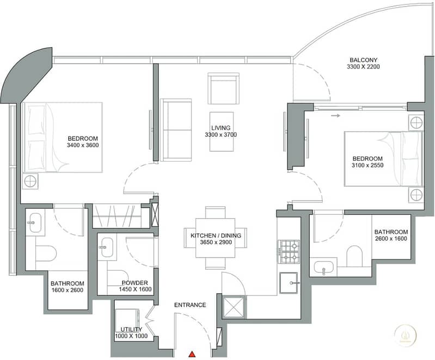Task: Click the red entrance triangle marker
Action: point(192,354)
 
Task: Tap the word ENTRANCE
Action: point(190,305)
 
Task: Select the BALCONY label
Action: point(363,60)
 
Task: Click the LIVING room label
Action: point(221,128)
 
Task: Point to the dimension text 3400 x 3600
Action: point(83,145)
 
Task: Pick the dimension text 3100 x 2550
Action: point(367,165)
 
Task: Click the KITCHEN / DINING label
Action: point(216,235)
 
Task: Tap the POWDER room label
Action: point(135,283)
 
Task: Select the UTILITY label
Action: point(131,329)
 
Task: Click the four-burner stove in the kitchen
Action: point(289,252)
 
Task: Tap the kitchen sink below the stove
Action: point(289,283)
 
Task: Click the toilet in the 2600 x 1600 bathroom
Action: point(354,256)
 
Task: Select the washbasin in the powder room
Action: point(107,247)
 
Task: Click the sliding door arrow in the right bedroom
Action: point(335,116)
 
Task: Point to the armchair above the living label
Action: point(223,89)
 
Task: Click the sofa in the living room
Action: point(176,130)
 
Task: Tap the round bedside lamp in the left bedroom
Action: point(30,182)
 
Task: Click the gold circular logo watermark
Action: point(405,333)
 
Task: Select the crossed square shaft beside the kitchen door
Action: point(234,307)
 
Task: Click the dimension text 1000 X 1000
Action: point(131,336)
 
